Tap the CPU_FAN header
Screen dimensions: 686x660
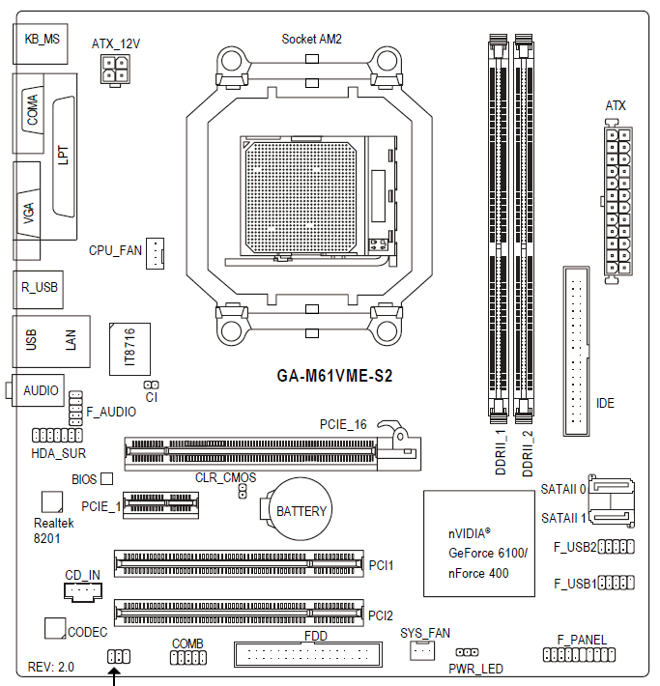[158, 253]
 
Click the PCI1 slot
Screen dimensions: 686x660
[238, 563]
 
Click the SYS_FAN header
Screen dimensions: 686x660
[422, 652]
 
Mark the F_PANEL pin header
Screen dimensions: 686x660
[582, 655]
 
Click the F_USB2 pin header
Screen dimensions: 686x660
[616, 548]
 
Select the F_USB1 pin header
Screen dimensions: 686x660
[616, 583]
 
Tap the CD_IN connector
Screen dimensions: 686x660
[83, 591]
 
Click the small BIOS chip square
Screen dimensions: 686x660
[107, 478]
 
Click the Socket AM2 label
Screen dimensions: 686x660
[311, 39]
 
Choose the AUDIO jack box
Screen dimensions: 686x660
[40, 391]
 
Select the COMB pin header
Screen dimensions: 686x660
[187, 658]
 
